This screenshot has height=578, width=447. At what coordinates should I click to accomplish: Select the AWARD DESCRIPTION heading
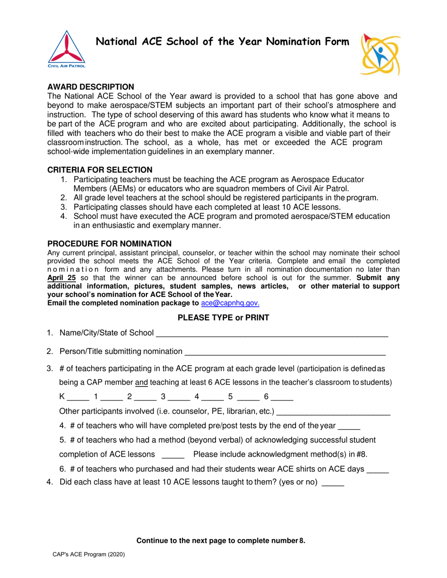pos(91,87)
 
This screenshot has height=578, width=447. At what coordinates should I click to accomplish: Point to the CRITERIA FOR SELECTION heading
pos(100,170)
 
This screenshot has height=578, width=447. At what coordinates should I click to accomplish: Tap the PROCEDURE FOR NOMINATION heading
pos(110,243)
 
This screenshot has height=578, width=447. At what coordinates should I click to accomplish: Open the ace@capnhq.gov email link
pos(230,303)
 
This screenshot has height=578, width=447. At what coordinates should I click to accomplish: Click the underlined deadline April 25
pos(62,277)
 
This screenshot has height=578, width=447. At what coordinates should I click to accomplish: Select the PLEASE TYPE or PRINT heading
pos(223,318)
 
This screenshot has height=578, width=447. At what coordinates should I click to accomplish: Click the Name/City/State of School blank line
pos(271,334)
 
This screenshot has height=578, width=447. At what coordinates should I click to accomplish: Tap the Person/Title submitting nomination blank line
pos(285,351)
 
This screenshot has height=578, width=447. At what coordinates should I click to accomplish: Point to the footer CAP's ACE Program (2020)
pos(88,555)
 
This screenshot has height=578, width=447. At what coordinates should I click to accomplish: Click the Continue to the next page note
pos(221,541)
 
